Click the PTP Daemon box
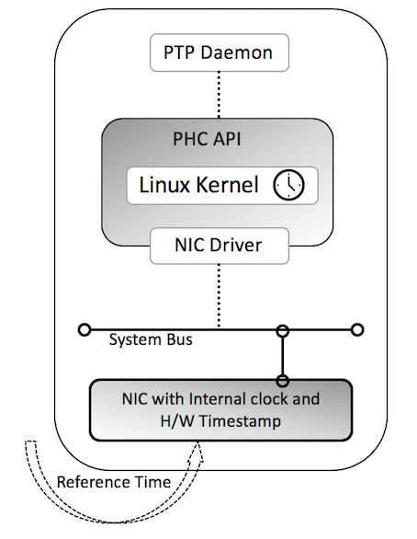coord(219,52)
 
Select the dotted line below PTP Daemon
coord(219,93)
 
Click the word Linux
coord(165,185)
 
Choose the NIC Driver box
coord(219,247)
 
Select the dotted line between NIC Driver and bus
coord(219,294)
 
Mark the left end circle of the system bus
coord(85,328)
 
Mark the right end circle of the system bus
coord(357,328)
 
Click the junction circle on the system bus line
coord(283,329)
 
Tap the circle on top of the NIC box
coord(283,379)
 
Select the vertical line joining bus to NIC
coord(283,354)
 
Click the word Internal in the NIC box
coord(218,400)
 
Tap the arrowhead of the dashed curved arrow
coord(197,448)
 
